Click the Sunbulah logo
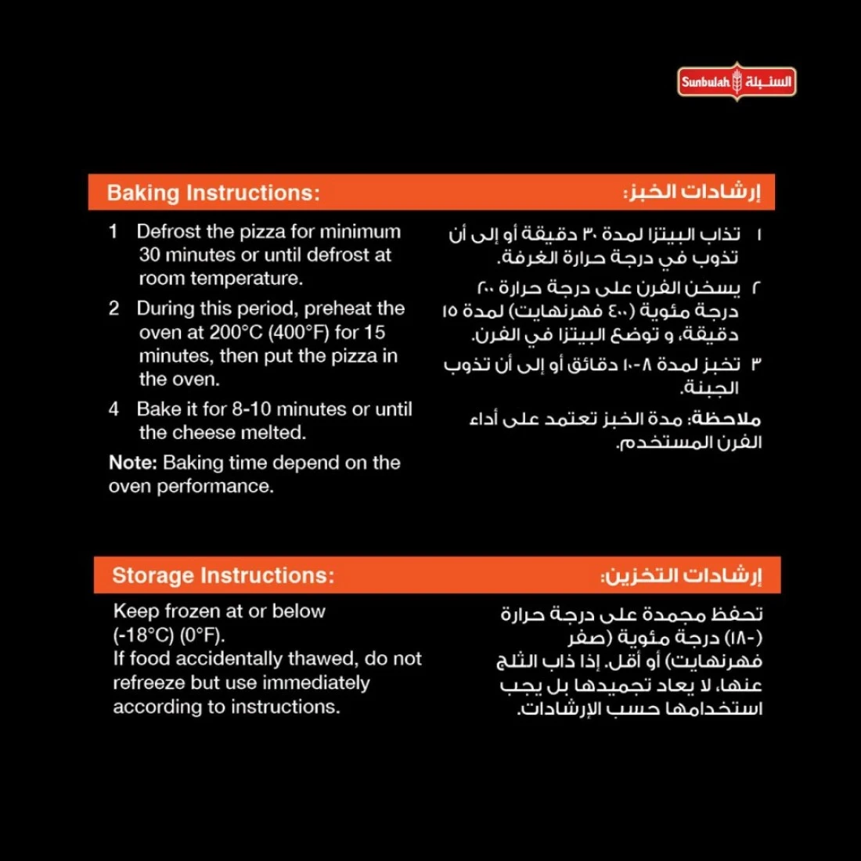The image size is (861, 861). (737, 81)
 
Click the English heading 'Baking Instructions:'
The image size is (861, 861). (213, 193)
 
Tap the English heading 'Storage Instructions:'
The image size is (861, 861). (222, 575)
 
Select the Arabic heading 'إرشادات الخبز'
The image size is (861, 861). (692, 192)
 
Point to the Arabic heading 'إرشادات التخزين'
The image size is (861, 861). (681, 575)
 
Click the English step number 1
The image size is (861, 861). (113, 232)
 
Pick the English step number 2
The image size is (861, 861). (114, 308)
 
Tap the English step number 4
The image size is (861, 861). (114, 409)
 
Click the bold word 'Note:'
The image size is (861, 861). (133, 463)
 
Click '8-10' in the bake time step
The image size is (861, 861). (251, 409)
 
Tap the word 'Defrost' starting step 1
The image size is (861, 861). (166, 232)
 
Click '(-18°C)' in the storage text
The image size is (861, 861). (143, 635)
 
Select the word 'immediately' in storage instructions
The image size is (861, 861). (316, 683)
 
